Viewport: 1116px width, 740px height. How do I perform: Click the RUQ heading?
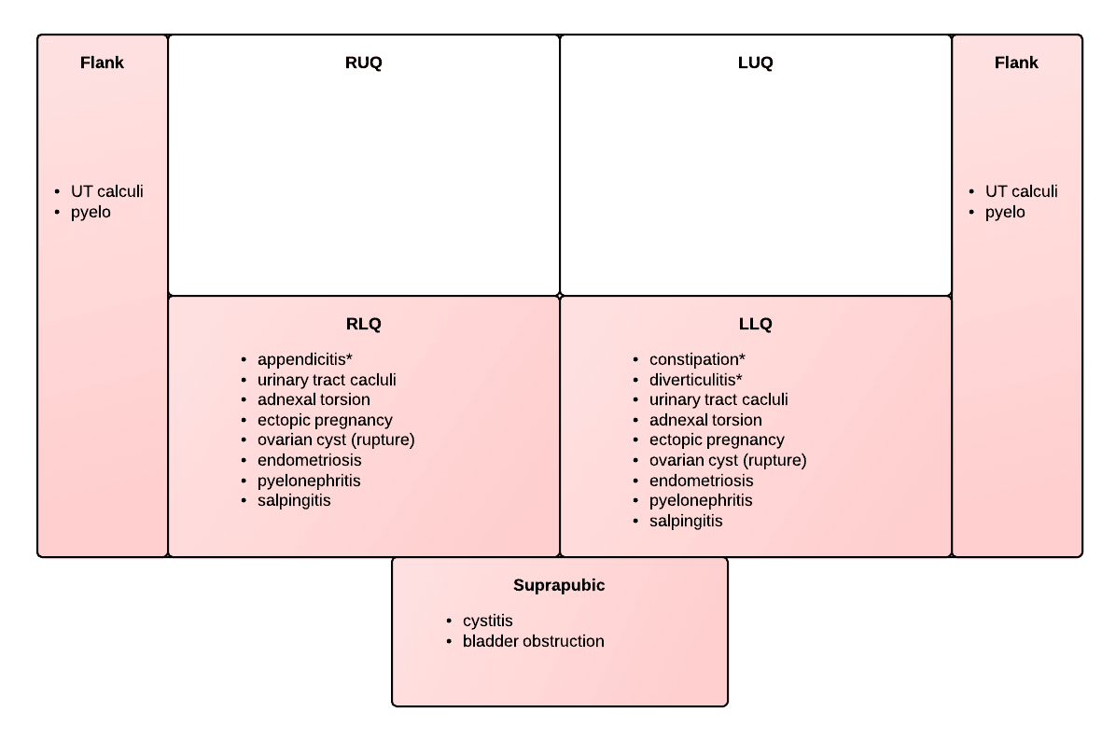pyautogui.click(x=363, y=63)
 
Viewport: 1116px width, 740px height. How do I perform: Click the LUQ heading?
pyautogui.click(x=755, y=63)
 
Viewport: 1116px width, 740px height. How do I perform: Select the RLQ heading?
pyautogui.click(x=363, y=324)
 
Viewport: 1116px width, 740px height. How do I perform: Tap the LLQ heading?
pyautogui.click(x=755, y=324)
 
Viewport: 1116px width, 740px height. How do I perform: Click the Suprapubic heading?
pyautogui.click(x=559, y=585)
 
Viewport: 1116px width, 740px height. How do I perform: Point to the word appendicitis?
pyautogui.click(x=301, y=359)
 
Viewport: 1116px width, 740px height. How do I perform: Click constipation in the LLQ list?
pyautogui.click(x=693, y=359)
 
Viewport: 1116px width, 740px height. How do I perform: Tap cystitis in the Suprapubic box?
pyautogui.click(x=487, y=621)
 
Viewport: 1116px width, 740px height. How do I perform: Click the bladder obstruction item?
pyautogui.click(x=533, y=641)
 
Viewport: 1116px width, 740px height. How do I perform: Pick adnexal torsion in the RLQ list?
pyautogui.click(x=314, y=400)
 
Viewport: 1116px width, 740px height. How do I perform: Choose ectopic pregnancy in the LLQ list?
pyautogui.click(x=717, y=440)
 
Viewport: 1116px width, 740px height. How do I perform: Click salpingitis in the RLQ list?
pyautogui.click(x=294, y=500)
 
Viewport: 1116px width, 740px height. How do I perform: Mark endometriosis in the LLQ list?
pyautogui.click(x=701, y=481)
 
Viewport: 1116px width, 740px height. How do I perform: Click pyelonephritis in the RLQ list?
pyautogui.click(x=309, y=481)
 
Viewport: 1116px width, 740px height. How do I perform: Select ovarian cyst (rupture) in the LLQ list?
pyautogui.click(x=728, y=460)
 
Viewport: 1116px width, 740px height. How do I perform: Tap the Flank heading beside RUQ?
pyautogui.click(x=102, y=63)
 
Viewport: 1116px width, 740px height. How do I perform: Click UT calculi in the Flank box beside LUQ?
pyautogui.click(x=1022, y=191)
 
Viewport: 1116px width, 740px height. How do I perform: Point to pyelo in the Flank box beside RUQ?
pyautogui.click(x=91, y=212)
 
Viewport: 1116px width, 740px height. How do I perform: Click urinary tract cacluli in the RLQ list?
pyautogui.click(x=327, y=380)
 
